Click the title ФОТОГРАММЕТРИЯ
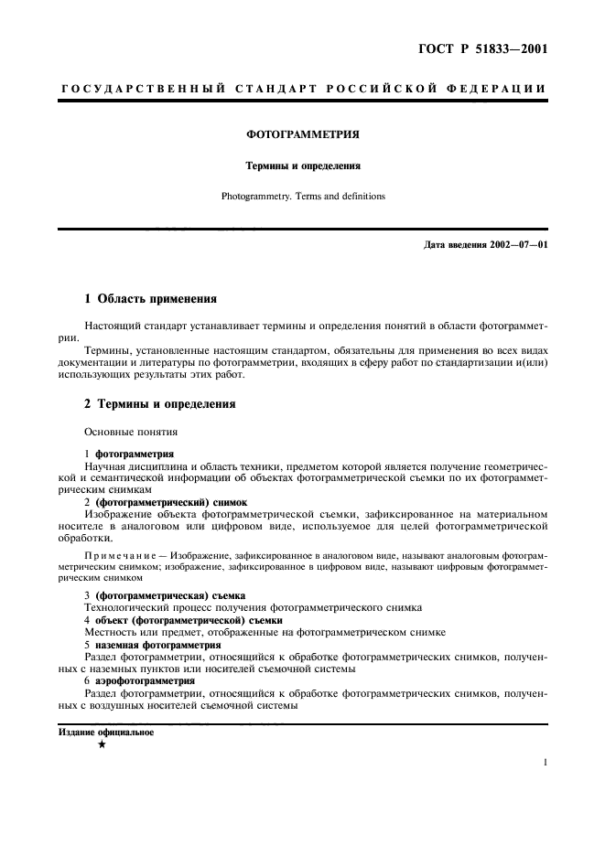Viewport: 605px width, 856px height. [x=302, y=134]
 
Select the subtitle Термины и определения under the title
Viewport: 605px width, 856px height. [x=302, y=166]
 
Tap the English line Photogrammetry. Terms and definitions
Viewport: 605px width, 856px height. [x=302, y=196]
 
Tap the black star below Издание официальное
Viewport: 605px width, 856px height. [x=102, y=745]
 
